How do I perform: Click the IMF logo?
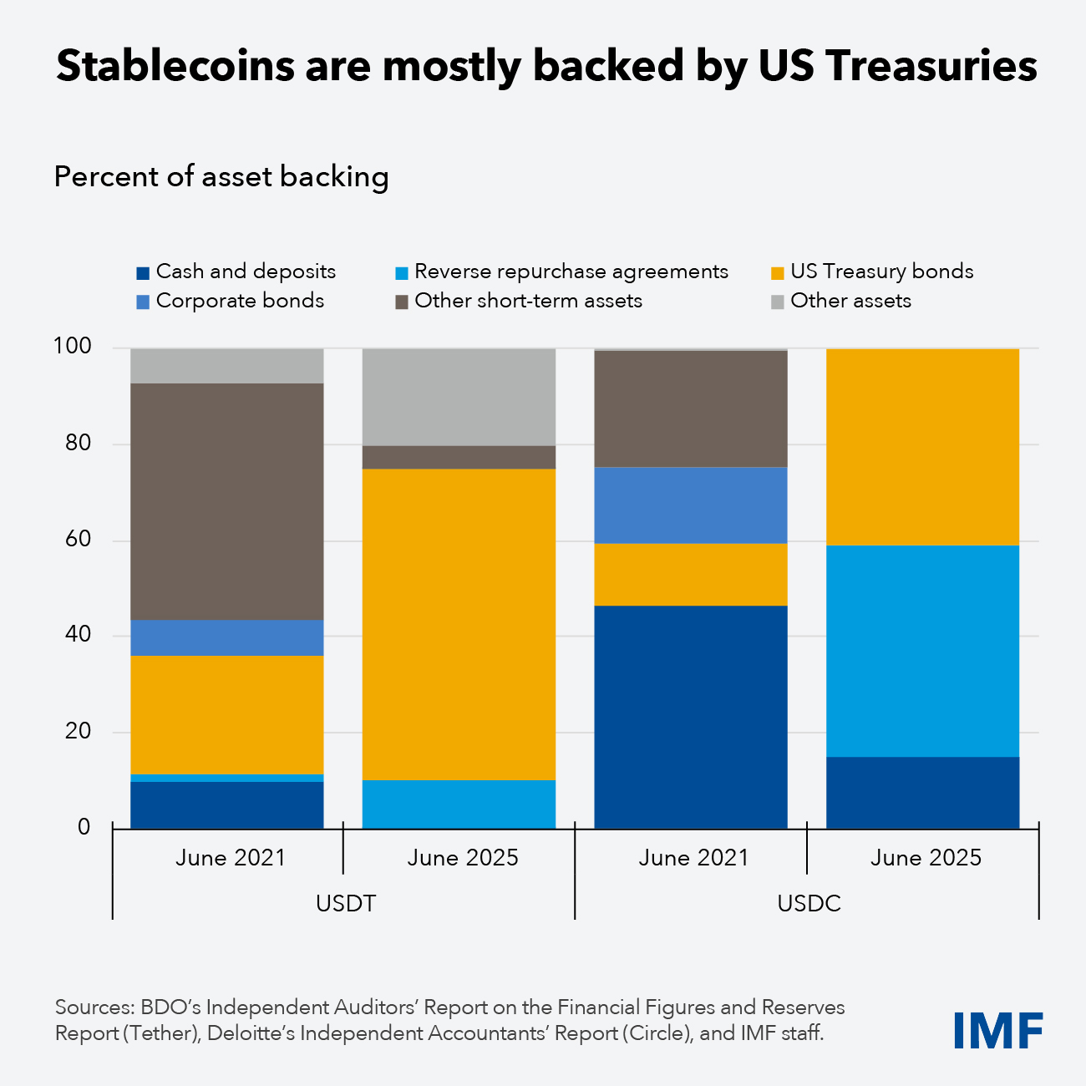[x=997, y=1030]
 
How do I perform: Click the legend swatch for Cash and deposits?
[x=143, y=273]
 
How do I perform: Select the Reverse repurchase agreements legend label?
[x=571, y=271]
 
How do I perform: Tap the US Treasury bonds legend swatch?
[x=777, y=273]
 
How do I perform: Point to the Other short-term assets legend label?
[x=528, y=301]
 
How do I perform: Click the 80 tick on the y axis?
[x=78, y=443]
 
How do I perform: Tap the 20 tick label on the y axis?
[x=78, y=731]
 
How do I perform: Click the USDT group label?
[x=345, y=904]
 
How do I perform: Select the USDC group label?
[x=809, y=904]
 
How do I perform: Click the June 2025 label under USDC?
[x=926, y=858]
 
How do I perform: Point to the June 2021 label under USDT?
[x=231, y=858]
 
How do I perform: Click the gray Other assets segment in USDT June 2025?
[x=459, y=397]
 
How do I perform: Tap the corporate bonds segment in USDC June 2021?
[x=690, y=505]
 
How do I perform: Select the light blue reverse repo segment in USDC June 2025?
[x=922, y=652]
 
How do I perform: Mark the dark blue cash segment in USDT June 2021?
[x=227, y=804]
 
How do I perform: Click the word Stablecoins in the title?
[x=175, y=67]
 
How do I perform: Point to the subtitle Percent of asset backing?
[x=221, y=177]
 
